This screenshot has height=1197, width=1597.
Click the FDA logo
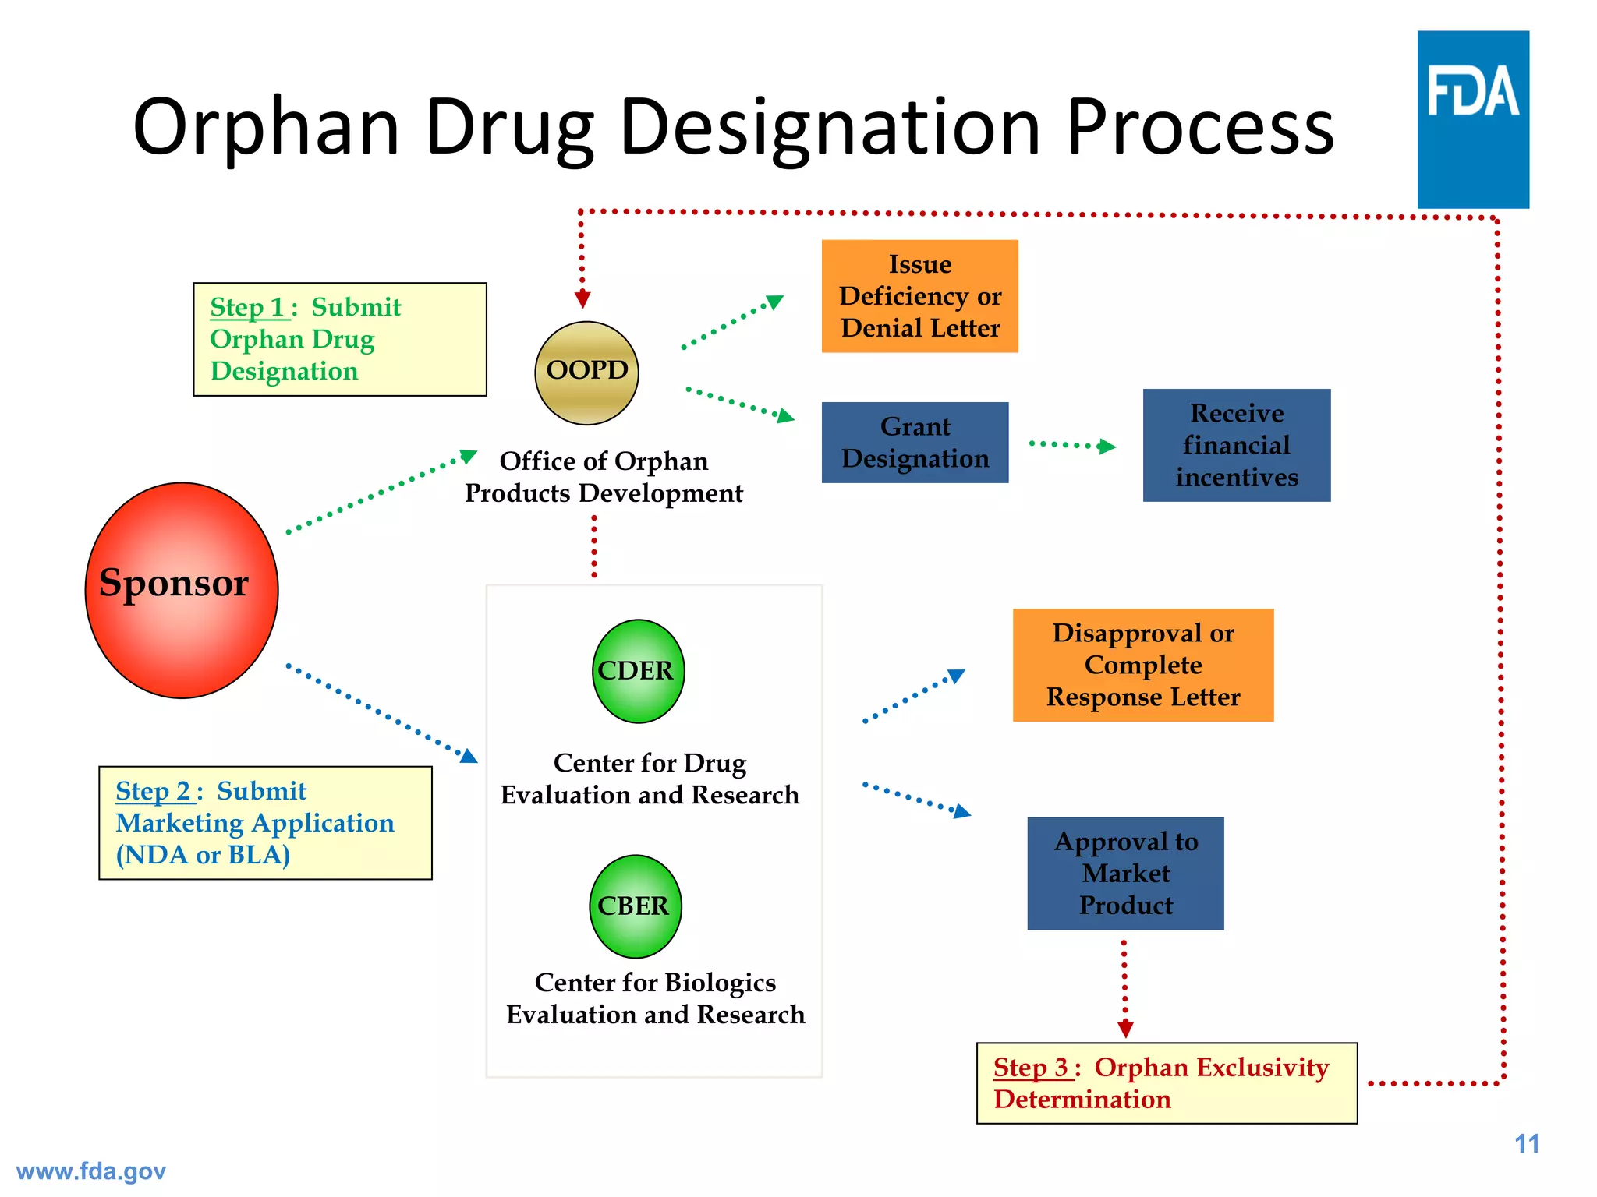(x=1472, y=118)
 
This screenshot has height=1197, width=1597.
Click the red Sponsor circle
(x=181, y=590)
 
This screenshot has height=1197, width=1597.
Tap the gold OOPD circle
(x=586, y=373)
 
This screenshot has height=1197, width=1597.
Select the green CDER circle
(x=638, y=671)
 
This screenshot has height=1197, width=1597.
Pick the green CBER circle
(x=635, y=906)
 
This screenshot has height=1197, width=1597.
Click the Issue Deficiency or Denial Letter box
(x=919, y=296)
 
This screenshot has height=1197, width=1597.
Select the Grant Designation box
(x=915, y=443)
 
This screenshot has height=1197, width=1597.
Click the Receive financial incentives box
(x=1236, y=445)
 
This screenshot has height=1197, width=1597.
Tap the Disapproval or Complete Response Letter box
(x=1142, y=665)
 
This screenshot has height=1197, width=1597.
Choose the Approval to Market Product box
(x=1125, y=873)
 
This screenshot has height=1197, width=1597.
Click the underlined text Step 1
(x=248, y=308)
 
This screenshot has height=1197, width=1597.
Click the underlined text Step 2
(x=154, y=792)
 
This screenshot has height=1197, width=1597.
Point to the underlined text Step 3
(x=1031, y=1068)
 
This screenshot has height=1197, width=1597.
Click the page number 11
(x=1526, y=1144)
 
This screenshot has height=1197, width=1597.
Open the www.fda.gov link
(x=91, y=1171)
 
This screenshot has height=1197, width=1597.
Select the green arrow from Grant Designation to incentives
(x=1073, y=445)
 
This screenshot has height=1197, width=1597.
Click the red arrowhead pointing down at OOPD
(x=582, y=299)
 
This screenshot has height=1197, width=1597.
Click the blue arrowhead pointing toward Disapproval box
(x=957, y=675)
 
